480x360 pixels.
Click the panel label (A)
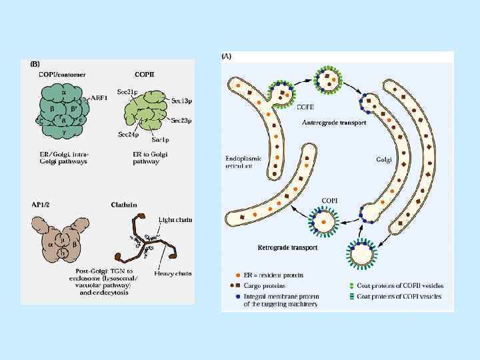pyautogui.click(x=226, y=57)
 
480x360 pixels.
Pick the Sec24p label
pyautogui.click(x=129, y=133)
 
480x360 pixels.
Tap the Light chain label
pyautogui.click(x=173, y=219)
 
